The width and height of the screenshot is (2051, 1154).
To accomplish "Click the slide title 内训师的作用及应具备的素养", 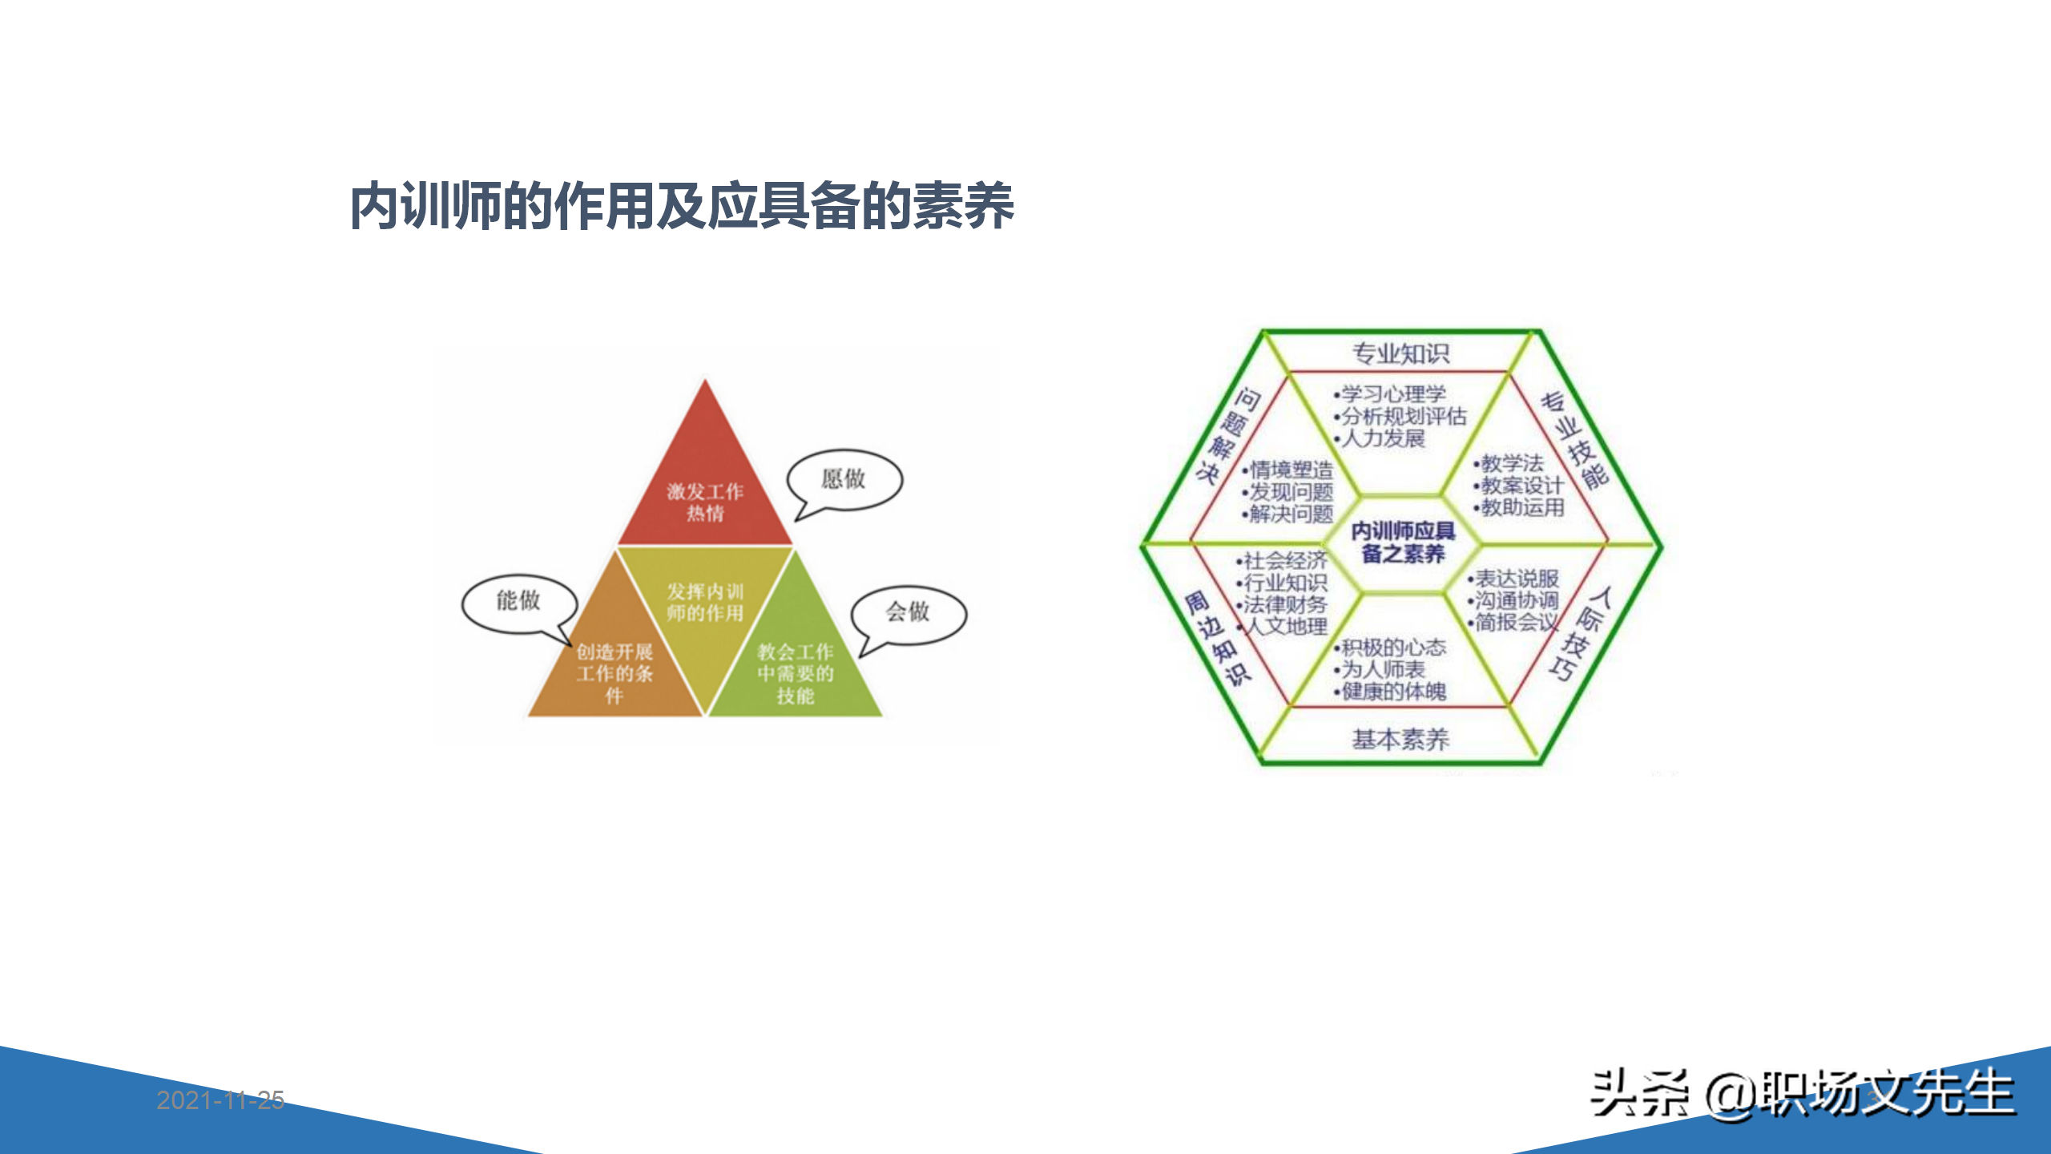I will point(682,207).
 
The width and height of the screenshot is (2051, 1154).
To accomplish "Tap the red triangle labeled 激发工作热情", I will point(705,489).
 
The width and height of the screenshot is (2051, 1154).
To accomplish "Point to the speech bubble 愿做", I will point(844,479).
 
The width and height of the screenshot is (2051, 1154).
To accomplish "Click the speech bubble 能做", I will point(518,601).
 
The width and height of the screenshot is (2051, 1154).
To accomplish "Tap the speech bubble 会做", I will point(908,613).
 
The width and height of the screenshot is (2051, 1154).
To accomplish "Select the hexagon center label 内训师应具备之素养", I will point(1403,543).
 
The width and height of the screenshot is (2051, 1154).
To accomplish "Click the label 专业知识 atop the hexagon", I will point(1400,353).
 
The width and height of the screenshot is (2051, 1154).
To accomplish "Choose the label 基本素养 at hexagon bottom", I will point(1400,739).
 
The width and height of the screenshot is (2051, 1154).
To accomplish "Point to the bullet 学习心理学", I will point(1393,393).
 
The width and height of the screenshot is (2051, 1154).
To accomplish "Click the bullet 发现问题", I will point(1291,492).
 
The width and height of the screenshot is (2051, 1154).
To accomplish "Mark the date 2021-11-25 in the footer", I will point(220,1100).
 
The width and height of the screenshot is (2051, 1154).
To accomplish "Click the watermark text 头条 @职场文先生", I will point(1802,1094).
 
